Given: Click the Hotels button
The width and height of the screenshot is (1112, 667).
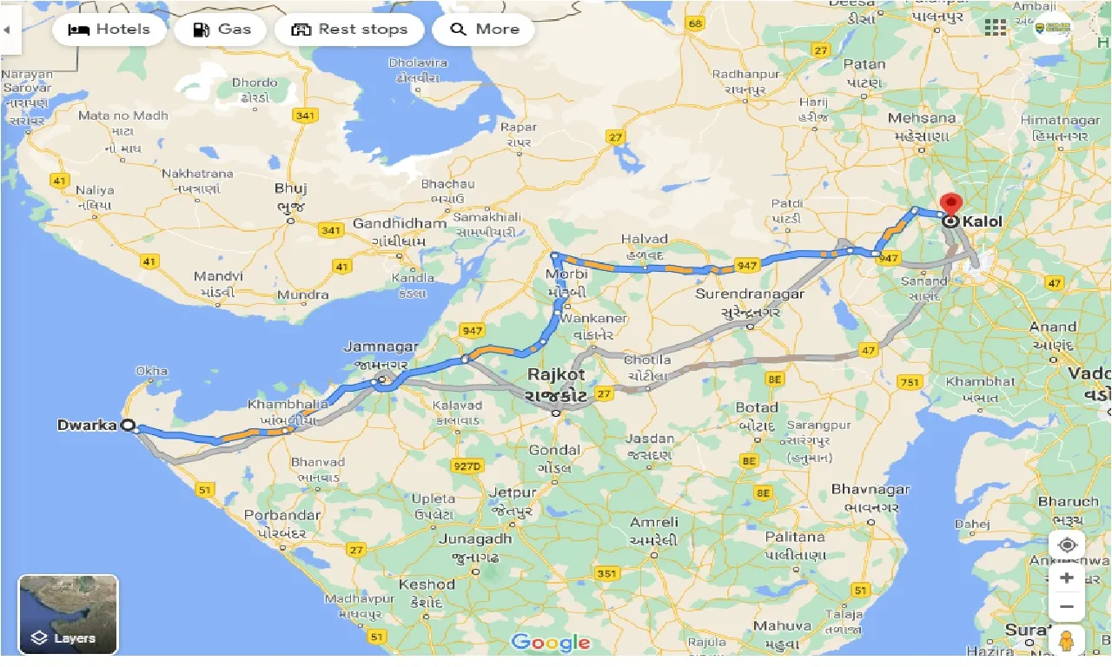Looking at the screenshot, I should point(109,30).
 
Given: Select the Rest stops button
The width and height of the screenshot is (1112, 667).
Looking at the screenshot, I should point(349,30).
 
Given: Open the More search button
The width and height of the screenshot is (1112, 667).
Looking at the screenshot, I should point(484,30).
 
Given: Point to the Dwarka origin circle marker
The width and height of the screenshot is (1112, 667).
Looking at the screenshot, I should point(129,426).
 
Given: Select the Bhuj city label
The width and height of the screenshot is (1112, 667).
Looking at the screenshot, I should point(290,188).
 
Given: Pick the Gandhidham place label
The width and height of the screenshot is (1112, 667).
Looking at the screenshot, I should point(399,224).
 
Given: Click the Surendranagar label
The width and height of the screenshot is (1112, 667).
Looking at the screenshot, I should point(750,294).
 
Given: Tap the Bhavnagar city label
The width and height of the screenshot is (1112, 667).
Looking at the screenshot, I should point(870,490).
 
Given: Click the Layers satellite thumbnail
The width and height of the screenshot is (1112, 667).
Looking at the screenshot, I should point(68,614).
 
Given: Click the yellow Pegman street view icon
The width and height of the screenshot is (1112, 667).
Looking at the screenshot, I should point(1066,641).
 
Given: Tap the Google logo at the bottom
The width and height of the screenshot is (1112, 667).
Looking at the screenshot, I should point(551,643).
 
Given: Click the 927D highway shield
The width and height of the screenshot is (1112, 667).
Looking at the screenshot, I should point(467,466).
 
